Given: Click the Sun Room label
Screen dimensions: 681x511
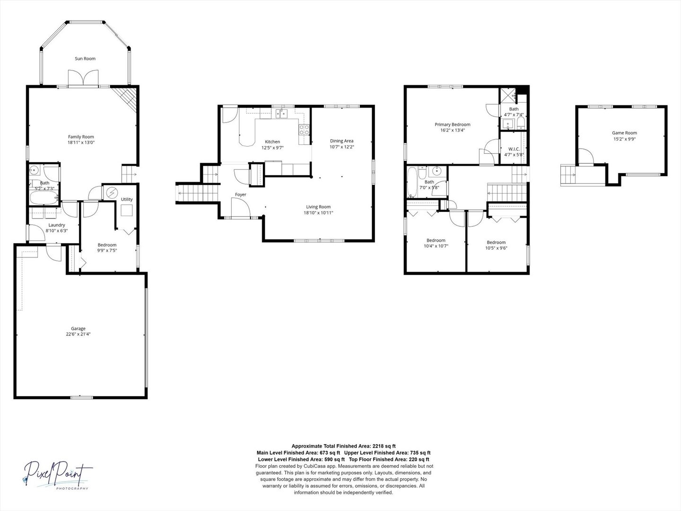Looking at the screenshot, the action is tap(85, 59).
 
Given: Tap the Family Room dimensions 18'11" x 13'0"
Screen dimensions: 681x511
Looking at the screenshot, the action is tap(81, 143).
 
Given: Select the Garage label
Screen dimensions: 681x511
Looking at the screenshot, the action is tap(78, 328).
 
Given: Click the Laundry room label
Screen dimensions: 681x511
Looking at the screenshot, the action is tap(57, 225).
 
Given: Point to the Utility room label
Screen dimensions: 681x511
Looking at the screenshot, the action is tap(127, 199).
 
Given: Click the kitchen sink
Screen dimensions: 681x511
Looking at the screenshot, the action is tap(282, 114).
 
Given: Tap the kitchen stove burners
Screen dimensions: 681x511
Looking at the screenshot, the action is tap(305, 130).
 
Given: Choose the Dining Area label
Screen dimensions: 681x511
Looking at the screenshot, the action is tap(341, 141).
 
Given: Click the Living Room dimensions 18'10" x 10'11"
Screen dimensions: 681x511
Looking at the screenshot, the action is tap(318, 213).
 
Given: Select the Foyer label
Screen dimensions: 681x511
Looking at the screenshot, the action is tap(240, 194).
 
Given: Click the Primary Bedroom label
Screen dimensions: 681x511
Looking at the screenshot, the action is tap(453, 124).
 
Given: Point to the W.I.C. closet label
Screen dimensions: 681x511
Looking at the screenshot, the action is tap(514, 149).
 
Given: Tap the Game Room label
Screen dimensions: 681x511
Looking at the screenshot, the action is tap(625, 133).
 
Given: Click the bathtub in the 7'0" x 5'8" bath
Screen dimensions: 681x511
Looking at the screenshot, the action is tap(413, 182).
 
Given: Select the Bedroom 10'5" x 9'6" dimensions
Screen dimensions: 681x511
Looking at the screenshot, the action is tap(497, 248).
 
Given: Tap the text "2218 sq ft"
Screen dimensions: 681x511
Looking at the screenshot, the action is tap(384, 446).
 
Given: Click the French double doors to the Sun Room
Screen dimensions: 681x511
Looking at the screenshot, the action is tap(83, 78).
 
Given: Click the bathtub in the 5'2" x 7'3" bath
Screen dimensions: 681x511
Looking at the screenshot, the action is tap(44, 198).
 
